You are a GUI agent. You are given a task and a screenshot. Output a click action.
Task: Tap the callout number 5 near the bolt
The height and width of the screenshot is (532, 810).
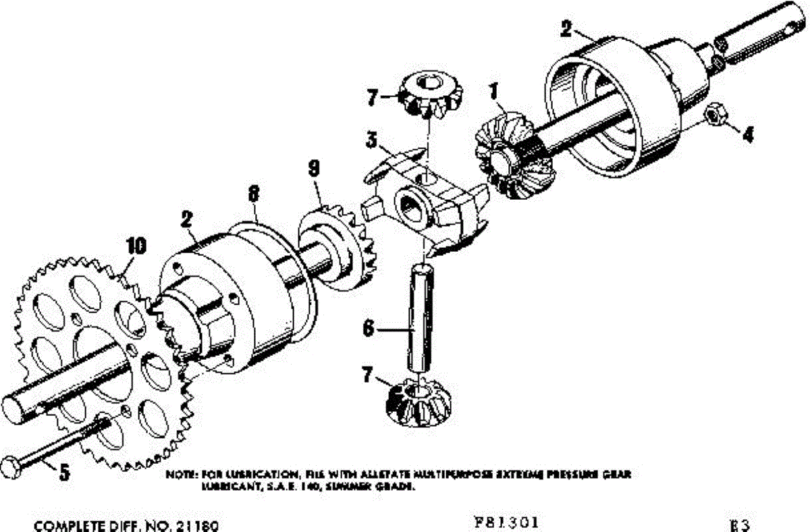coord(64,472)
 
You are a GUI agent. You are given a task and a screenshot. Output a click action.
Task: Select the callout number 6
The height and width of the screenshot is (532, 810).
coord(369,329)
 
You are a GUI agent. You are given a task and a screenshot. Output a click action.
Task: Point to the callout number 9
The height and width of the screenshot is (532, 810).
coord(313,168)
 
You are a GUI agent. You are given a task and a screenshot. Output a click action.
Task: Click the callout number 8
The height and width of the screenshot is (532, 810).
coord(253,194)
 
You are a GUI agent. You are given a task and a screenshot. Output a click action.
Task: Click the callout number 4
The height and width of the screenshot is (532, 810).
coord(746,135)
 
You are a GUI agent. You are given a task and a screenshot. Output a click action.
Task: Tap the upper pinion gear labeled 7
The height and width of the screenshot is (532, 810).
coord(429,95)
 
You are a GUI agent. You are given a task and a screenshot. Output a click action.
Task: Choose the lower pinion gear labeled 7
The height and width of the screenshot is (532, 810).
coord(418,404)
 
